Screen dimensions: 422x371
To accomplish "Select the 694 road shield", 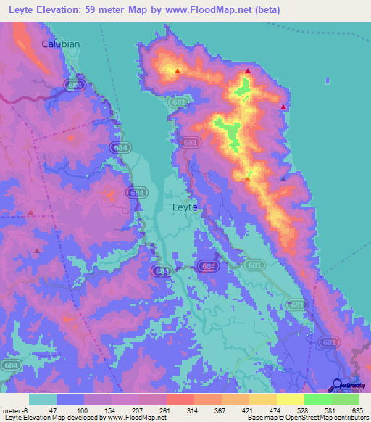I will coord(209,266).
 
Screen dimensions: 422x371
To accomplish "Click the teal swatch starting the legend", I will coord(43,400).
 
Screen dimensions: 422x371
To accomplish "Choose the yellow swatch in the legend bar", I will coord(290,400).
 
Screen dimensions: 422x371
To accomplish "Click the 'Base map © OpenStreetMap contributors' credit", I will coord(307,418).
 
